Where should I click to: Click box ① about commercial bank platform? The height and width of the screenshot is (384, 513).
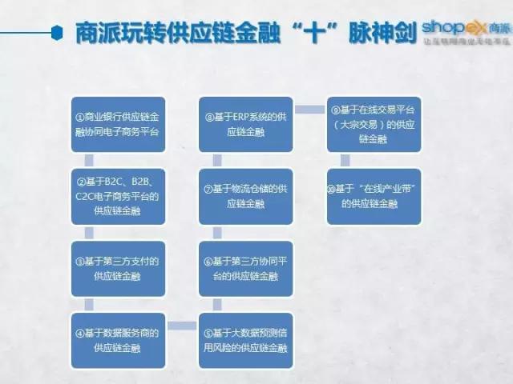(x=118, y=124)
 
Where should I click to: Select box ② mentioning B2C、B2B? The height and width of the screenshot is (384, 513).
(x=118, y=199)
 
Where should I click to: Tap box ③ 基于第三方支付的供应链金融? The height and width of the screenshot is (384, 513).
(x=118, y=269)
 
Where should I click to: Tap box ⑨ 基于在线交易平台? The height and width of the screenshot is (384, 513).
(x=374, y=124)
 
